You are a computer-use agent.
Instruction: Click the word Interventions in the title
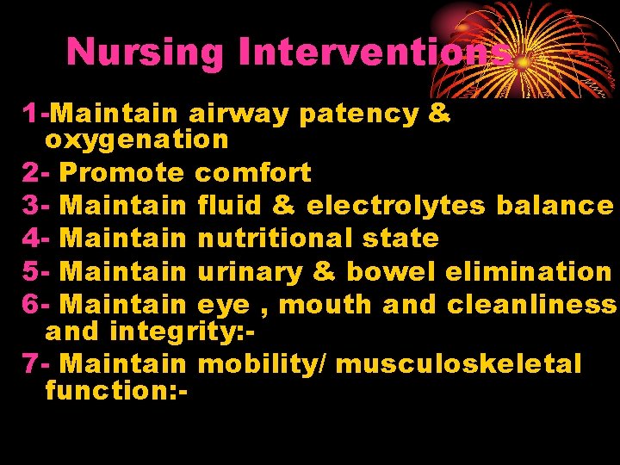(375, 52)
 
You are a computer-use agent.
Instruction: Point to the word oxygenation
(137, 139)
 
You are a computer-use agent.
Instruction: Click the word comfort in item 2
(254, 172)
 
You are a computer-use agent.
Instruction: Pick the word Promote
(123, 172)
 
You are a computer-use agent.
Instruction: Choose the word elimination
(528, 271)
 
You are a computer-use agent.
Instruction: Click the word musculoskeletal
(458, 363)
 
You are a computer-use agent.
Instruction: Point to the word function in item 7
(108, 390)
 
